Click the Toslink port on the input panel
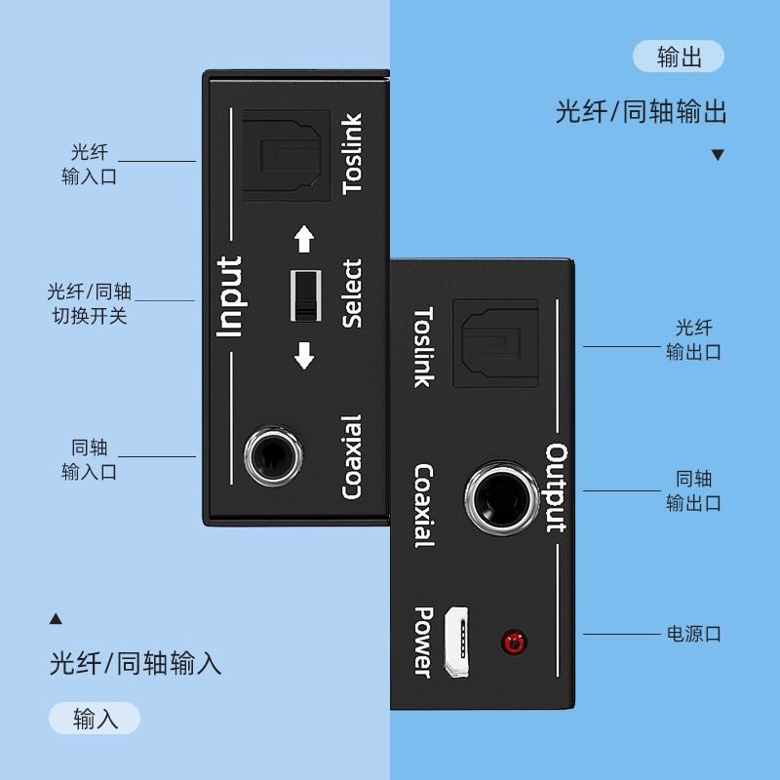coord(287,156)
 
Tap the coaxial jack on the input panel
coord(273,455)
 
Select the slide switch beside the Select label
coord(305,296)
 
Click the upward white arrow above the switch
coord(304,240)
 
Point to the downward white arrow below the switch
coord(304,355)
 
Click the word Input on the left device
coord(229,297)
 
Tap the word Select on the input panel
coord(352,293)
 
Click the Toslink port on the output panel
coord(495,343)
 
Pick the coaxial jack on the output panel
coord(502,497)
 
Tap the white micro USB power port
coord(456,642)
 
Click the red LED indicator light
coord(514,643)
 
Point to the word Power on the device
coord(424,643)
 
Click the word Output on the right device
coord(557,488)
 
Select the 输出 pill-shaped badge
coord(679,57)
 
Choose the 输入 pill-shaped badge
coord(95,719)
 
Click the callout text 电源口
coord(694,635)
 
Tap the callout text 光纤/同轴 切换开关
coord(90,303)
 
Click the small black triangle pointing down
coord(718,155)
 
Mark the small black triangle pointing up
coord(56,618)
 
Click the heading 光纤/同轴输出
coord(641,111)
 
